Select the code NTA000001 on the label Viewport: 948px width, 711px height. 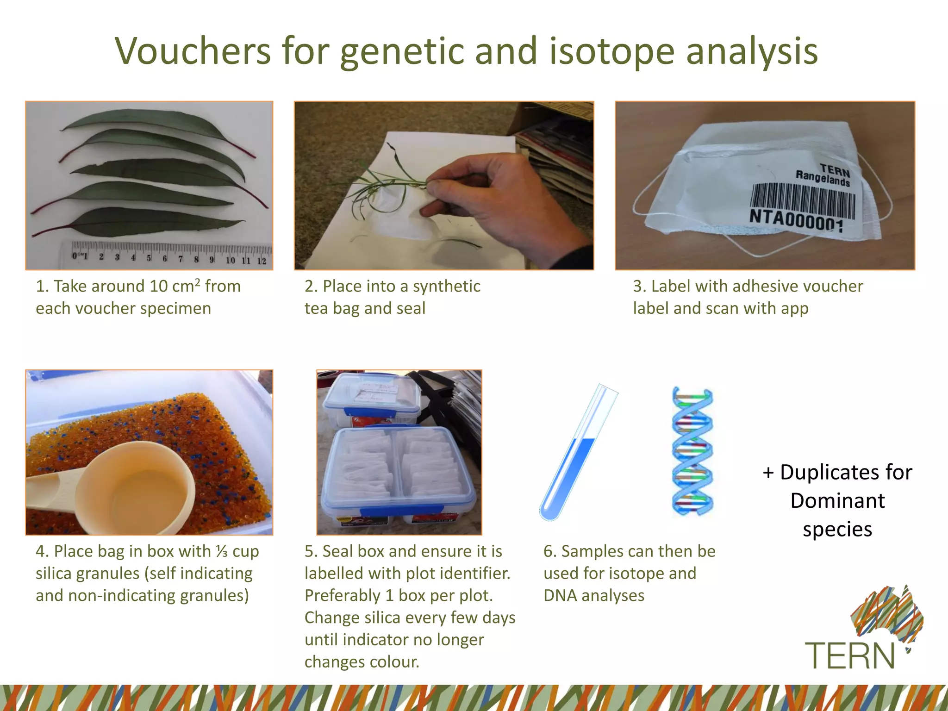point(796,220)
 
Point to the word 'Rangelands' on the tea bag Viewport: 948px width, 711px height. point(823,178)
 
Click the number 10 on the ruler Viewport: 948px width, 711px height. point(230,260)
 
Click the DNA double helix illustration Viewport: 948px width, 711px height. point(692,451)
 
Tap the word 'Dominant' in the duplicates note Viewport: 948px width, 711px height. point(837,501)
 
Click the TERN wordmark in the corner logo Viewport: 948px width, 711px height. point(849,655)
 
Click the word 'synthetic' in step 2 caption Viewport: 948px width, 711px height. point(446,287)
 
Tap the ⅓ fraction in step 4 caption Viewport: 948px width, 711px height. point(222,551)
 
